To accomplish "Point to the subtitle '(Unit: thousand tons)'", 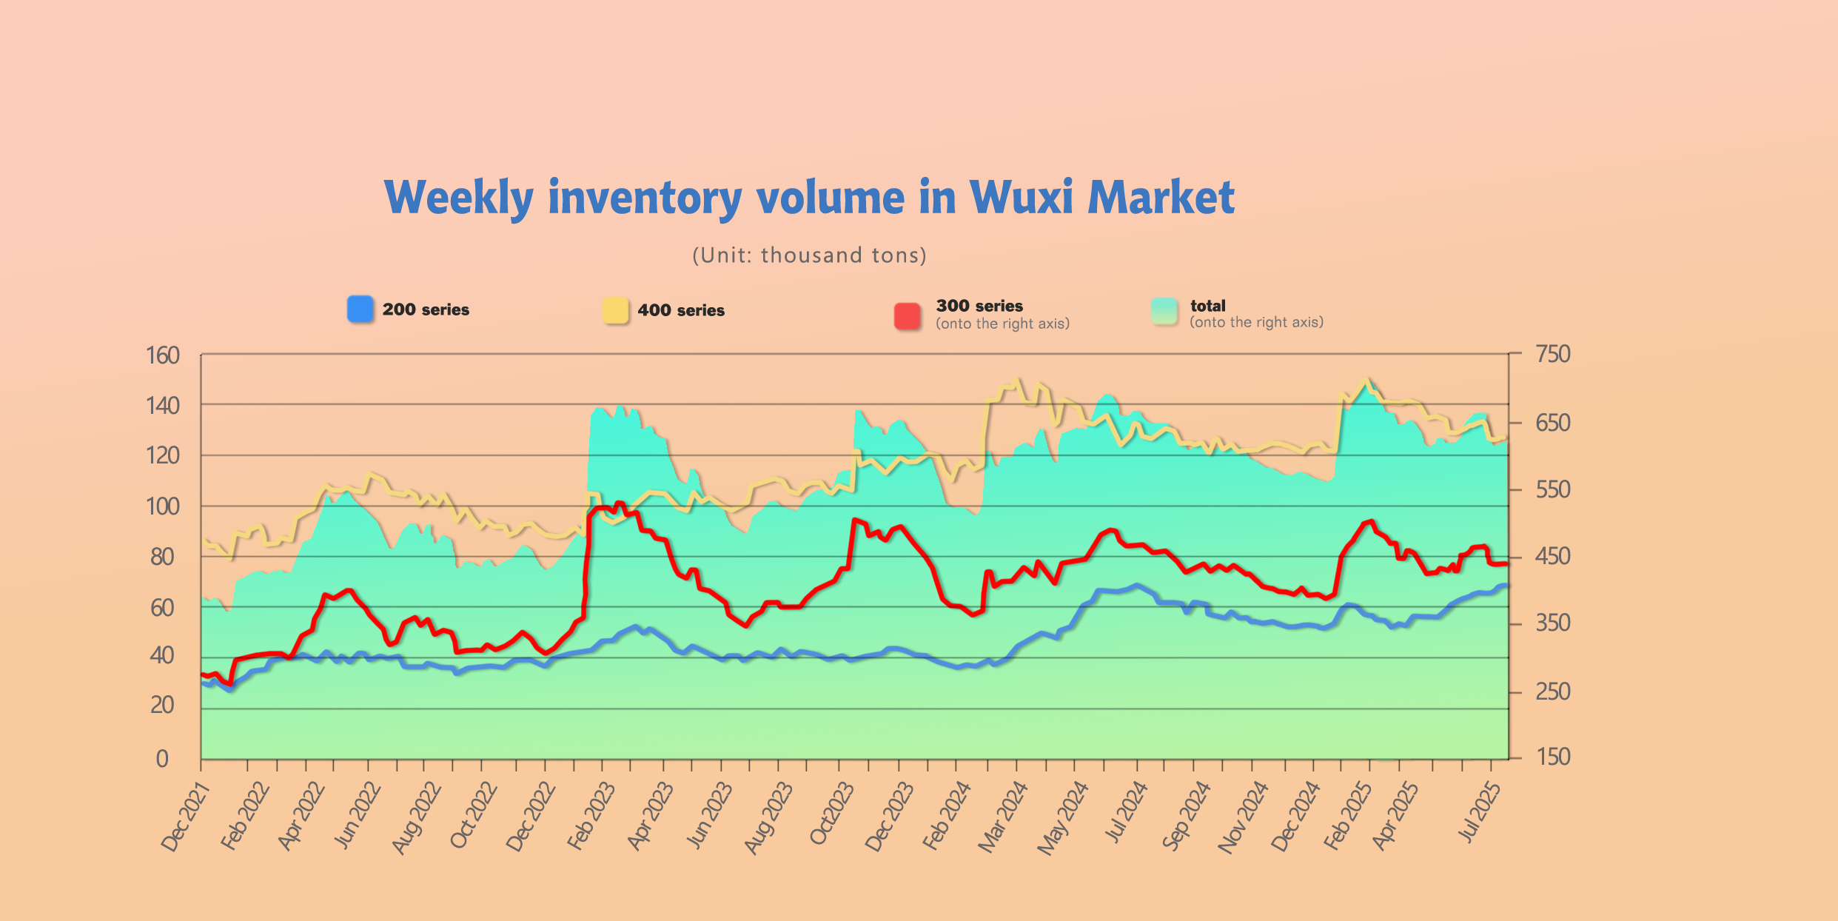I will click(809, 255).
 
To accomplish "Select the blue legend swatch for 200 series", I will click(360, 309).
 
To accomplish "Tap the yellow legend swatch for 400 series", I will click(615, 310).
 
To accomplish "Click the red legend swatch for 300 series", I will click(908, 315).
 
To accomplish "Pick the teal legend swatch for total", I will click(1164, 311).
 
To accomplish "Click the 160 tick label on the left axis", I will click(163, 356).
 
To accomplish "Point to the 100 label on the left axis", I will click(163, 507).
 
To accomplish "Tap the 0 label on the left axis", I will click(162, 759).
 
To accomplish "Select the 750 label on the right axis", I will click(1552, 355).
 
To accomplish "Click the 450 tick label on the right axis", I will click(1552, 557).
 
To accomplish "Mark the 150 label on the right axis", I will click(1552, 757).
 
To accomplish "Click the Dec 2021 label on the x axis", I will click(186, 817).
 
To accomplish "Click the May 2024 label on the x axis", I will click(1062, 818).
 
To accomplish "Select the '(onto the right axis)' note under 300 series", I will click(1002, 324).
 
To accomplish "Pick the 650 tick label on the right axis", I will click(1552, 423).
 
